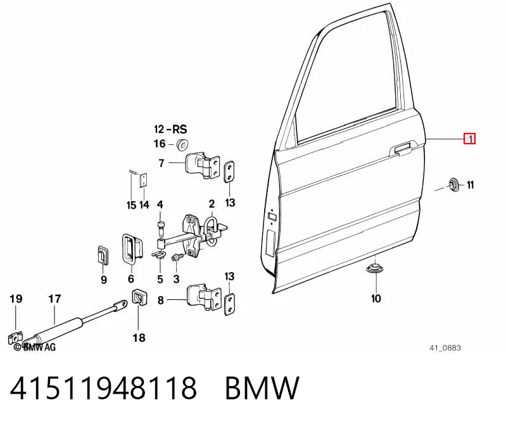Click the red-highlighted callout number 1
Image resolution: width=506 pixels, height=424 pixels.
(x=469, y=139)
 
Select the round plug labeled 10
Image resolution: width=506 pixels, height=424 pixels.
(x=374, y=268)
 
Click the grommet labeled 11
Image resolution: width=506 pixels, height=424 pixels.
(x=453, y=185)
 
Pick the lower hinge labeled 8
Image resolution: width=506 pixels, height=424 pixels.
(x=205, y=297)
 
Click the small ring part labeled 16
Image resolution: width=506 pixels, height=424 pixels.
(x=182, y=144)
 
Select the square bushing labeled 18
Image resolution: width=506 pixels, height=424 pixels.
(x=139, y=297)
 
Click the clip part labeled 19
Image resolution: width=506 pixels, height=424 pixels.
(x=15, y=338)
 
